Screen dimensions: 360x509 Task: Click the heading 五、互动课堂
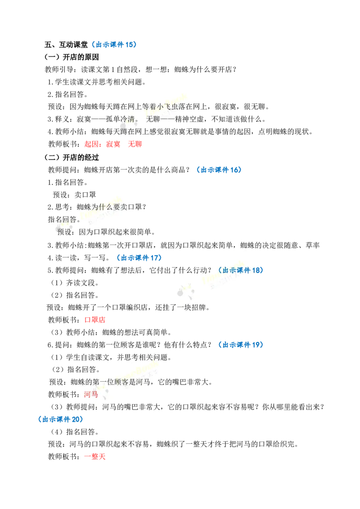tap(66, 45)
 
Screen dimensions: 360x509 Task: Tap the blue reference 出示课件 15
tap(114, 45)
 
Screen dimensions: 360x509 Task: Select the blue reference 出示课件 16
tap(219, 170)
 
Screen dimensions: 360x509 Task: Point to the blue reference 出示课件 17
tap(139, 258)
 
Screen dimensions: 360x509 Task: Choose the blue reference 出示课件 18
tap(241, 270)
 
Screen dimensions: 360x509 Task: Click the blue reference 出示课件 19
tap(241, 345)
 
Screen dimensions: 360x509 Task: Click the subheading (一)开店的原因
tap(72, 57)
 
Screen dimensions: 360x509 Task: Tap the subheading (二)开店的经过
tap(72, 157)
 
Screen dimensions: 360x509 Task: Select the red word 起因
tap(91, 144)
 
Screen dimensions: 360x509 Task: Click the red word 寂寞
tap(113, 144)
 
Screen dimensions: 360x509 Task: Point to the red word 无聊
tap(135, 144)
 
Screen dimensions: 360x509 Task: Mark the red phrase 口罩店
tap(95, 320)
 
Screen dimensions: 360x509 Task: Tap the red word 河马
tap(91, 394)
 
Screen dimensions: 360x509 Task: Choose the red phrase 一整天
tap(95, 456)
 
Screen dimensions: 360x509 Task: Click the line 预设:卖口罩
tap(74, 195)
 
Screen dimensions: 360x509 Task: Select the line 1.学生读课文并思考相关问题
tap(96, 82)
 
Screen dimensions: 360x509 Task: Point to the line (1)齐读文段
tap(75, 283)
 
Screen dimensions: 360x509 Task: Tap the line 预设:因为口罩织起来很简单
tap(106, 232)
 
